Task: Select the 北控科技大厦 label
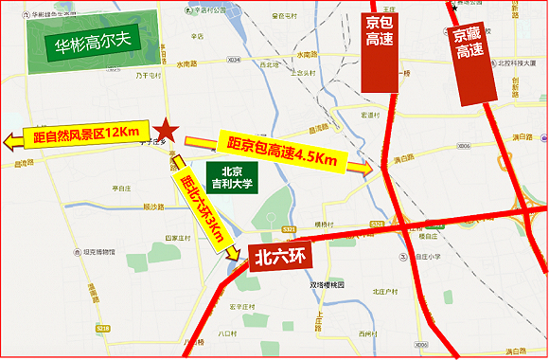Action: pos(514,63)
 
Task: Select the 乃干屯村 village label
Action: pos(148,74)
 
